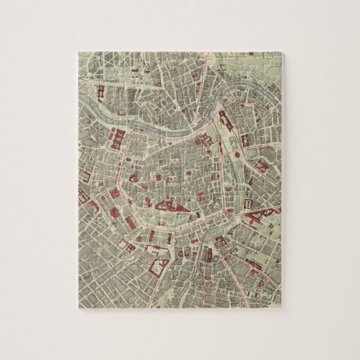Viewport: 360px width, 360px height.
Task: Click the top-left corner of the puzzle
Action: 79,50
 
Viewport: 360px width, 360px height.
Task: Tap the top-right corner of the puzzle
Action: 281,50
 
